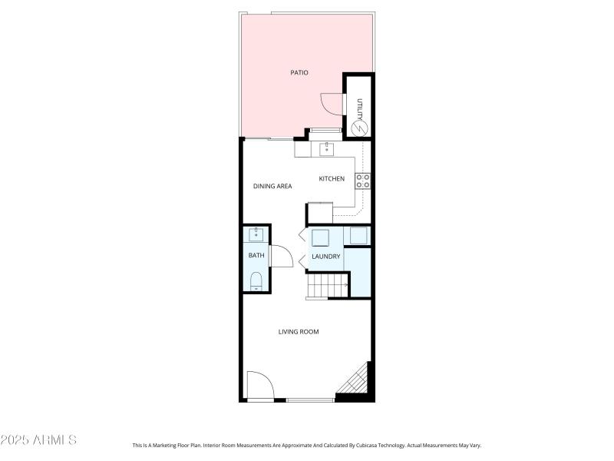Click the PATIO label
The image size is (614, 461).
(x=299, y=73)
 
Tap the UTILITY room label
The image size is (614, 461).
(x=358, y=106)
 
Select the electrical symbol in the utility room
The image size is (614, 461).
(x=358, y=128)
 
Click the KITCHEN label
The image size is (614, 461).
(x=332, y=179)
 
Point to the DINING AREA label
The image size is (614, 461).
(x=272, y=186)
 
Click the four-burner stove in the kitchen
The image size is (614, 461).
(x=362, y=181)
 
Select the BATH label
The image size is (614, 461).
(x=256, y=255)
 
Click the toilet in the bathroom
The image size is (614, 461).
(x=256, y=280)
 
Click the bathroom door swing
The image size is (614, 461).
(x=281, y=256)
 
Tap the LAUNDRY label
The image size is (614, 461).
(x=325, y=257)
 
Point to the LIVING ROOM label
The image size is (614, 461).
(x=298, y=332)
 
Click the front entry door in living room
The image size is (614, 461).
(x=259, y=386)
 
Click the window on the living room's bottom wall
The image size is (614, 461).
(x=310, y=400)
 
